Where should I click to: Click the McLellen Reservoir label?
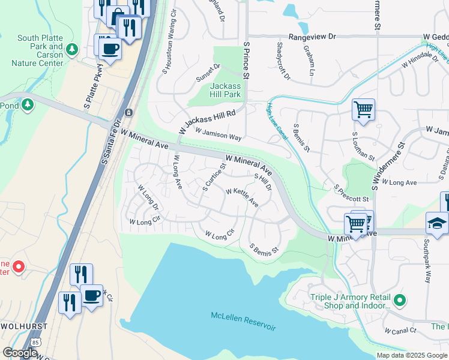244,321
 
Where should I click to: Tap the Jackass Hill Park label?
226,91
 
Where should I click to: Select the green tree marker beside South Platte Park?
73,49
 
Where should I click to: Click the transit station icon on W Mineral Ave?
128,112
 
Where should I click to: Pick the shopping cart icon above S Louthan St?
363,110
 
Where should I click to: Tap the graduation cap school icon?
436,223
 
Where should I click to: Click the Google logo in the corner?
20,353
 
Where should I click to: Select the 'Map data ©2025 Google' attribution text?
412,355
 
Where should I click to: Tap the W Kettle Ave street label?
242,197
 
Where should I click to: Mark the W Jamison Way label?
218,136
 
